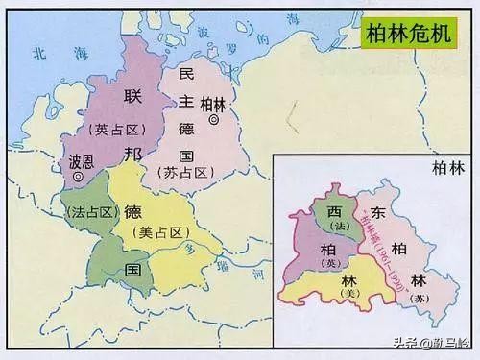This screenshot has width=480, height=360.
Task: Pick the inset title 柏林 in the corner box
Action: pyautogui.click(x=447, y=167)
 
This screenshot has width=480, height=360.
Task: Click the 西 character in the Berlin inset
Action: pyautogui.click(x=334, y=211)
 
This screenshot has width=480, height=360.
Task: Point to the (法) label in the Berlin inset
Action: pyautogui.click(x=337, y=227)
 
